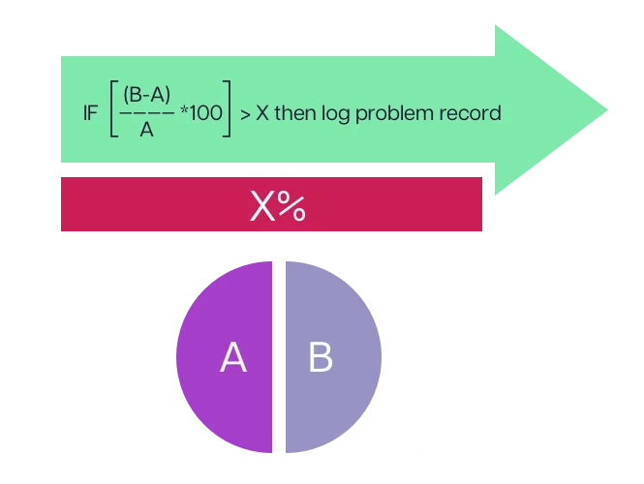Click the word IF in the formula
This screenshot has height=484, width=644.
pos(91,113)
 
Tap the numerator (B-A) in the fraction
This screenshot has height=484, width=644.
pos(147,95)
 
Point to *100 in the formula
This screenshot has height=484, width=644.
pos(200,113)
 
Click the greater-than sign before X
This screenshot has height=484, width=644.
pos(246,114)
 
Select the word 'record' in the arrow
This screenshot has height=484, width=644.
pos(470,113)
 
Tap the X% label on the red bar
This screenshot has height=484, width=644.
pos(278,206)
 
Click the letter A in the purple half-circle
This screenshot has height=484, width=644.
pos(233,358)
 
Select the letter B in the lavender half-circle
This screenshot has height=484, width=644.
pos(321,357)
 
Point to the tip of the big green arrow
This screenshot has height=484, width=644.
pos(609,109)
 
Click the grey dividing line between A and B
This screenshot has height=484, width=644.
pos(279,357)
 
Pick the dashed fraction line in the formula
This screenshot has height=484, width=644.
pos(146,113)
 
